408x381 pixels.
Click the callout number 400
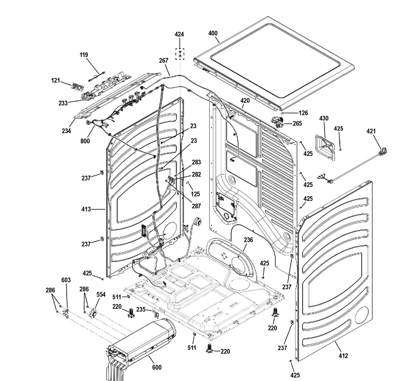coord(213,33)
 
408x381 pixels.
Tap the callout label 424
coord(179,34)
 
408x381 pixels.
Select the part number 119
coord(84,55)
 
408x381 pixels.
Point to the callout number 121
coord(56,80)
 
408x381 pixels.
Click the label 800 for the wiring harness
coord(85,141)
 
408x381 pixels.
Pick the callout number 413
coord(86,209)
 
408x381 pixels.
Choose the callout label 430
coord(324,118)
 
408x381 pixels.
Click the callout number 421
coord(371,131)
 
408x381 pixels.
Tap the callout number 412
coord(343,356)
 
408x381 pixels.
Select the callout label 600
coord(157,368)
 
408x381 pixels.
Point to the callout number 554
coord(101,294)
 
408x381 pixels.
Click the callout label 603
coord(66,280)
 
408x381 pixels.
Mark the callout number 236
coord(248,240)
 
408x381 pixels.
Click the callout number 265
coord(297,124)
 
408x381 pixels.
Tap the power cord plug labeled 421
coord(382,151)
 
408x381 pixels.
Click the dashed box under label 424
coord(180,54)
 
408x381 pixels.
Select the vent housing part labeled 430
coord(325,147)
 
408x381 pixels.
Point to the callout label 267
coord(164,61)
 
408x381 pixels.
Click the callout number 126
coord(303,113)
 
